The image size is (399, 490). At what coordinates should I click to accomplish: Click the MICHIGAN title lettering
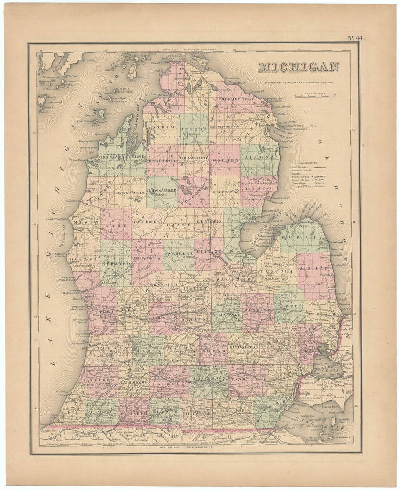click(x=298, y=67)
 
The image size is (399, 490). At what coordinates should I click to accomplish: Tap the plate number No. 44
click(x=356, y=38)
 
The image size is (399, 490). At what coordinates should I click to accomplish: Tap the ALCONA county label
click(x=260, y=157)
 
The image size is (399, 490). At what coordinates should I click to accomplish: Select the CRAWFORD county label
click(x=194, y=158)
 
